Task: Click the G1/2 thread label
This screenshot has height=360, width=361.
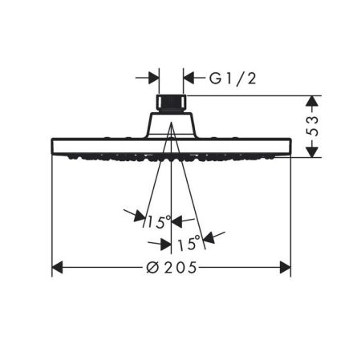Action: pos(233,79)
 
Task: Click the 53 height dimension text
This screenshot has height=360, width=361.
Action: pos(312,126)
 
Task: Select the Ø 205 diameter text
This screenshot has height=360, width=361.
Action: pos(172,268)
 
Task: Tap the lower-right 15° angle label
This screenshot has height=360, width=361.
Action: pos(189,244)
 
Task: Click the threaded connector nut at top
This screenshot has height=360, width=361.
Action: pos(171,103)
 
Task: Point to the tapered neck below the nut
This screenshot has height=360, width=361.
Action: pos(171,125)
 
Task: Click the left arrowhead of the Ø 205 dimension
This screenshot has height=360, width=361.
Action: pos(57,268)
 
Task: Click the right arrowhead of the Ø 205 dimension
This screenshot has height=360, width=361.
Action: pos(285,268)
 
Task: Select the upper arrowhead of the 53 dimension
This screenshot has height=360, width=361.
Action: pos(312,101)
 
